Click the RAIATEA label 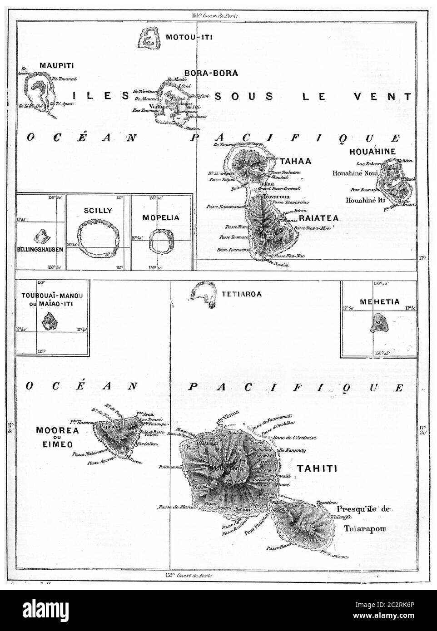(319, 218)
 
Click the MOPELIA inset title (161, 217)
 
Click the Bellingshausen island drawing (42, 236)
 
